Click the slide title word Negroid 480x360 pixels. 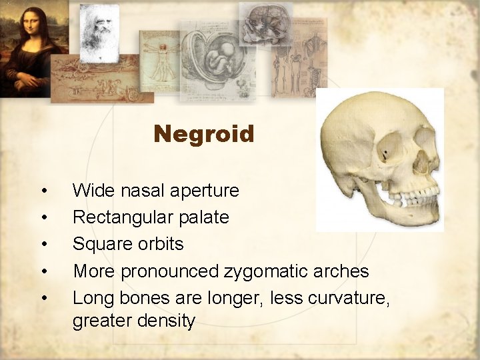coord(204,135)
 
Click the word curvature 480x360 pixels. coord(349,297)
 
